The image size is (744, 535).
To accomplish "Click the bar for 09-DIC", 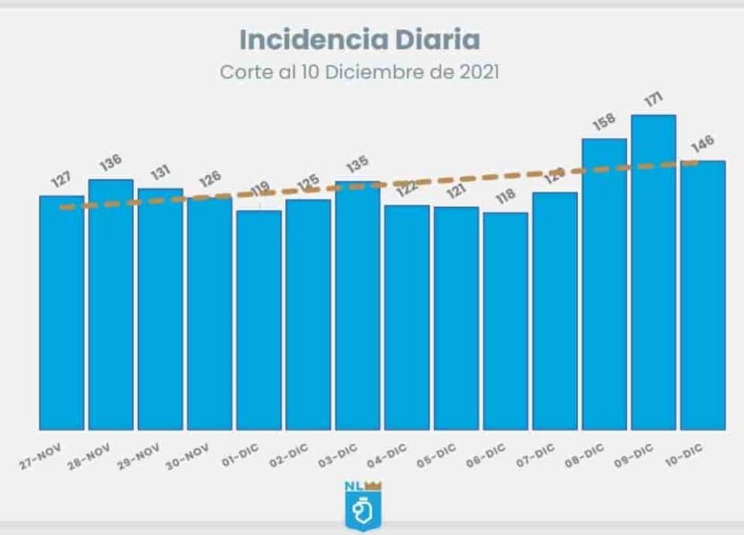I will tap(653, 271).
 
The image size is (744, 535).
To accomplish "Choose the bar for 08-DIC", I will tap(604, 283).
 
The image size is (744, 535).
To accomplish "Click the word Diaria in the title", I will tap(436, 40).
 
